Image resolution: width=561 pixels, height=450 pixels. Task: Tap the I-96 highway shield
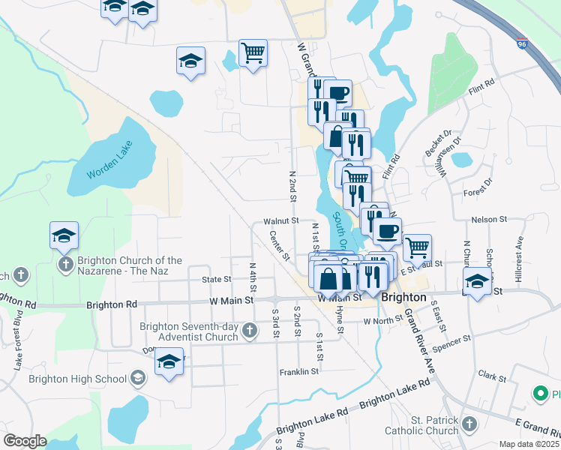coord(521,43)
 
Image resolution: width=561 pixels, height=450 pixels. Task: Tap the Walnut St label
coord(281,222)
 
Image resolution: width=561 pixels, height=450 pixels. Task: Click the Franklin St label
coord(299,371)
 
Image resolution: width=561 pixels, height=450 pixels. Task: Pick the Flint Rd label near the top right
coord(481,86)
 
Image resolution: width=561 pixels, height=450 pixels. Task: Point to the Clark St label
coord(492,375)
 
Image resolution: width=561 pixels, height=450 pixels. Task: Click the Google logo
coord(25,441)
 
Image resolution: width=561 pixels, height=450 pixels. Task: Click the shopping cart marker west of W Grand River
coord(253,53)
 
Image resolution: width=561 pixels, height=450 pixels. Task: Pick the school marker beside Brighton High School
coord(169,361)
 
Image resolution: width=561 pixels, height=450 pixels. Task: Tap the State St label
coord(216,280)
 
